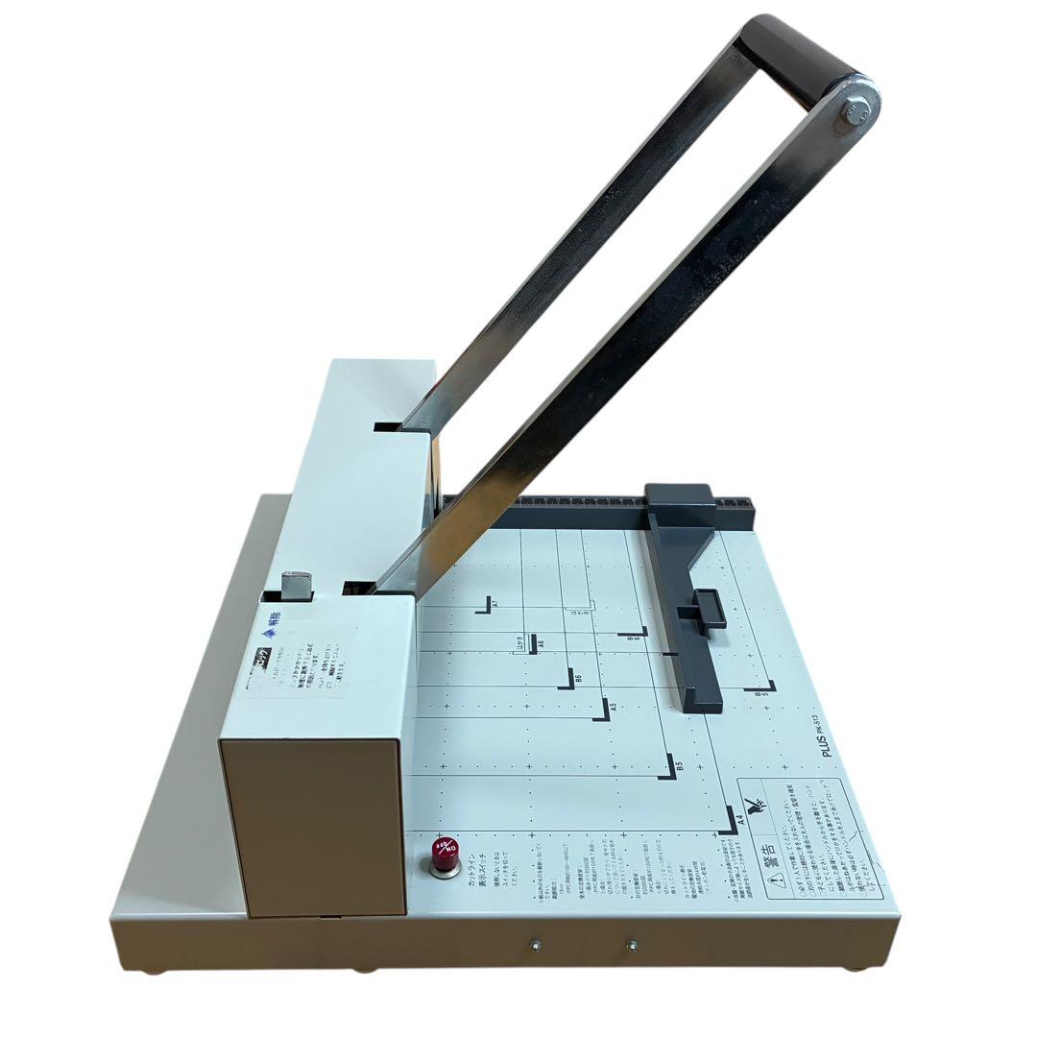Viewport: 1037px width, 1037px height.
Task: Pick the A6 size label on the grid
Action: coord(541,643)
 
